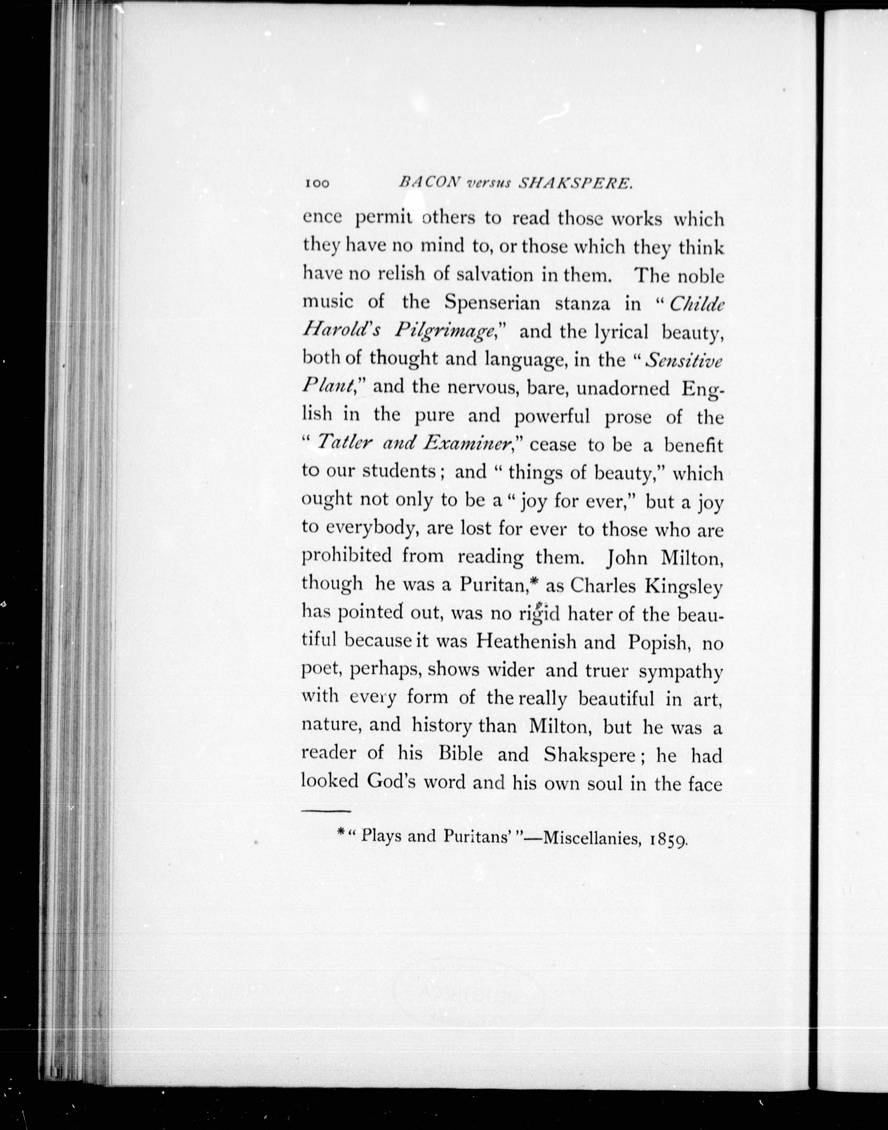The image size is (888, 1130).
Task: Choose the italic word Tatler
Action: [x=343, y=443]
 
